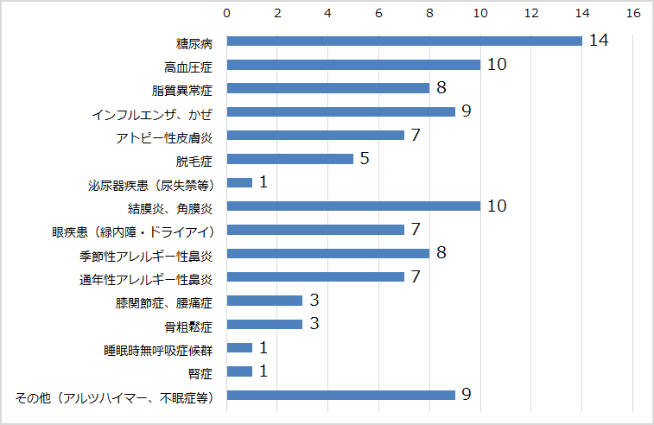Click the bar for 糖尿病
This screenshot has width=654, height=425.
coord(404,41)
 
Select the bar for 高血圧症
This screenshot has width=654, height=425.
coord(353,65)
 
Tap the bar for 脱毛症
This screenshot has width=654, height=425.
coord(289,159)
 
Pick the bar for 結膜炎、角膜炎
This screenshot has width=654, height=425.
coord(353,206)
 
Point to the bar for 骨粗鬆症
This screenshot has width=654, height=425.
coord(264,325)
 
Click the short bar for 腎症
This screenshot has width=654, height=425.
coord(239,371)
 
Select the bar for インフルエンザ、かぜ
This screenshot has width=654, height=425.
coord(340,111)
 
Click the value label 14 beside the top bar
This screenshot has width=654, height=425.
coord(599,41)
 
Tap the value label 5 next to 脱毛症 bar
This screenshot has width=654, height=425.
coord(365,159)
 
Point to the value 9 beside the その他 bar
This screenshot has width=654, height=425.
coord(467,395)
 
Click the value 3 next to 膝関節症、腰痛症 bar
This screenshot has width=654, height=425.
coord(314,301)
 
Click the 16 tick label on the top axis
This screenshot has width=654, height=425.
coord(633,14)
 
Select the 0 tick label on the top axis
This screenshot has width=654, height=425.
coord(226,14)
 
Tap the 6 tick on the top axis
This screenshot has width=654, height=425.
coord(379,14)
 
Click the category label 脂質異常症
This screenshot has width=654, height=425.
coord(188,89)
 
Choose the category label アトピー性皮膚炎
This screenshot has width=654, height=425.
coord(164,136)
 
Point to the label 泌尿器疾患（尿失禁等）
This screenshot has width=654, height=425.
coord(150,183)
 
